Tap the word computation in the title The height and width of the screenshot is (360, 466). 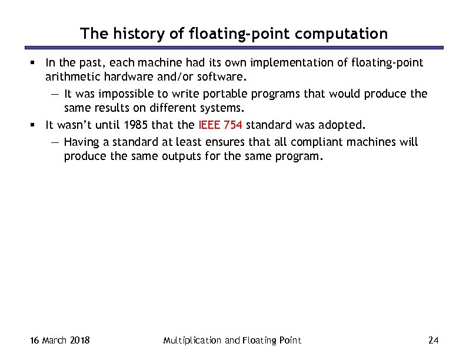341,34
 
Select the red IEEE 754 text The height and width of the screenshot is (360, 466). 221,125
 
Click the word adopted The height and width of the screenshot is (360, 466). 344,125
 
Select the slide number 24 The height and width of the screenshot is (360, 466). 434,341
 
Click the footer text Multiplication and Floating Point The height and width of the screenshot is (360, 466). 232,341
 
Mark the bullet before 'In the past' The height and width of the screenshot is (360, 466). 37,63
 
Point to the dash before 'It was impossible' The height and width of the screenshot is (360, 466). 55,94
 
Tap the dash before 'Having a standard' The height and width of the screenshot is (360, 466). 55,142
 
